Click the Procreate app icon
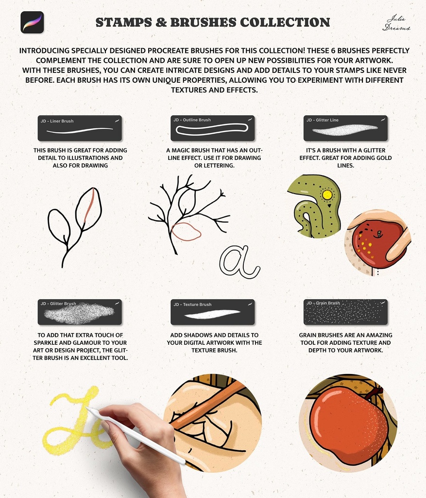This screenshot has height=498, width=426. coord(32,22)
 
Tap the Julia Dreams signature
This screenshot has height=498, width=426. coord(396,23)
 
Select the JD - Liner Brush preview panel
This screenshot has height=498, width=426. coord(80,128)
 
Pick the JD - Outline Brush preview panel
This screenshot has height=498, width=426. coord(213,128)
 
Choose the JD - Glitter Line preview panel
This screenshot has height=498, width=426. coord(345,128)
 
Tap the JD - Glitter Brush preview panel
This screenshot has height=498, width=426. coord(80,312)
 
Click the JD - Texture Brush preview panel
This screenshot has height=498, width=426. coord(213,312)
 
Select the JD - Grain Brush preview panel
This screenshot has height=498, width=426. coord(345,312)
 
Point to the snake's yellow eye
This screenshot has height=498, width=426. coord(327,195)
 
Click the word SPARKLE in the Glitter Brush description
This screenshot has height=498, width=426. coord(45,343)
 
